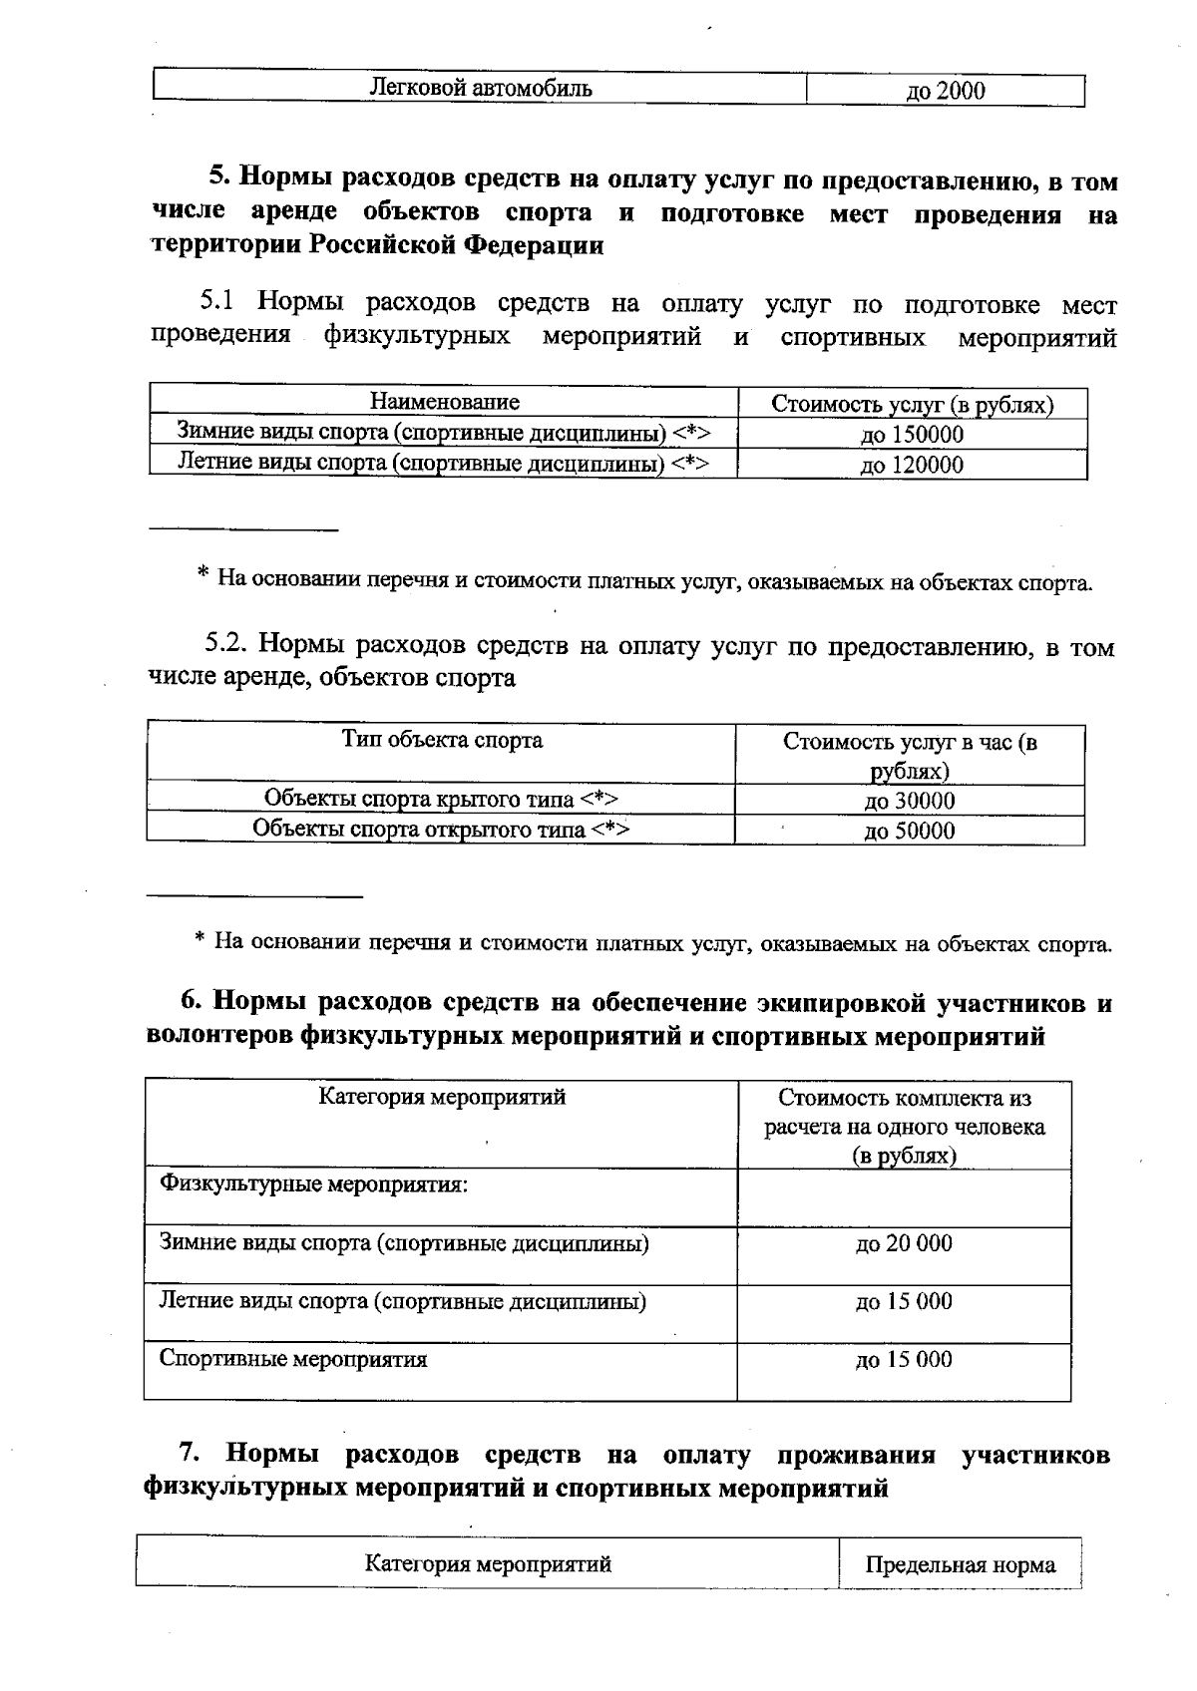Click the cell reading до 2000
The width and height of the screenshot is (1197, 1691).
(x=944, y=91)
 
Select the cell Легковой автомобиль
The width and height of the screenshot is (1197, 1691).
(x=480, y=88)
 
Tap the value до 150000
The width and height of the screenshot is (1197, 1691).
(x=912, y=435)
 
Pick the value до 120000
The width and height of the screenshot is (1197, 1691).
(x=912, y=465)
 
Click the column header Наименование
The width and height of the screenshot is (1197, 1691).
(x=444, y=402)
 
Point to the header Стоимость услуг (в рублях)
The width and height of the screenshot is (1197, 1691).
(x=912, y=405)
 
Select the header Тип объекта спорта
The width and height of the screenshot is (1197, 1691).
(x=442, y=740)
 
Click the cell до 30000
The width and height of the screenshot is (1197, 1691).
(x=909, y=801)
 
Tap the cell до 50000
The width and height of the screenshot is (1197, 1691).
(x=909, y=831)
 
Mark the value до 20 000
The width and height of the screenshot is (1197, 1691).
(x=904, y=1243)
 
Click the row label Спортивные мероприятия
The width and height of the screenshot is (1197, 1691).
(x=293, y=1359)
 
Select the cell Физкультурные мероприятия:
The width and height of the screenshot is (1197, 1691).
(x=314, y=1184)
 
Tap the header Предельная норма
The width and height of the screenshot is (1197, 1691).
(x=960, y=1564)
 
